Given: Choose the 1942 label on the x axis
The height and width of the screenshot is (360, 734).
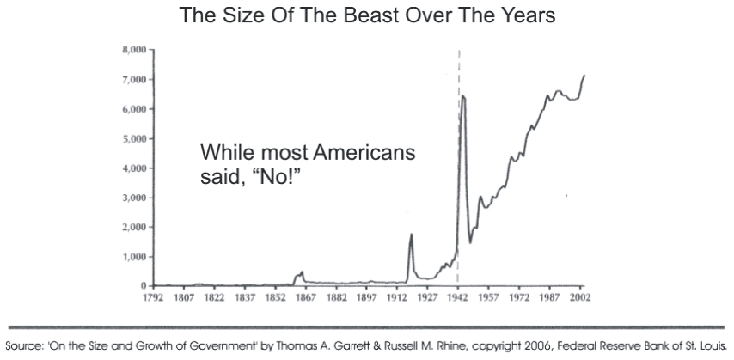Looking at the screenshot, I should click(x=458, y=297).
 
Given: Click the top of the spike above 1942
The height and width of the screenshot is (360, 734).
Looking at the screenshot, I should click(x=463, y=95).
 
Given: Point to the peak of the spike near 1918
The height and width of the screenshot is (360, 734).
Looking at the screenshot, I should click(x=411, y=234).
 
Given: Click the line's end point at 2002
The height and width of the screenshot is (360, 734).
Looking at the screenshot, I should click(x=584, y=76).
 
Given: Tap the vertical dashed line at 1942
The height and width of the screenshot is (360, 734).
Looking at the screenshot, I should click(x=459, y=172).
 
